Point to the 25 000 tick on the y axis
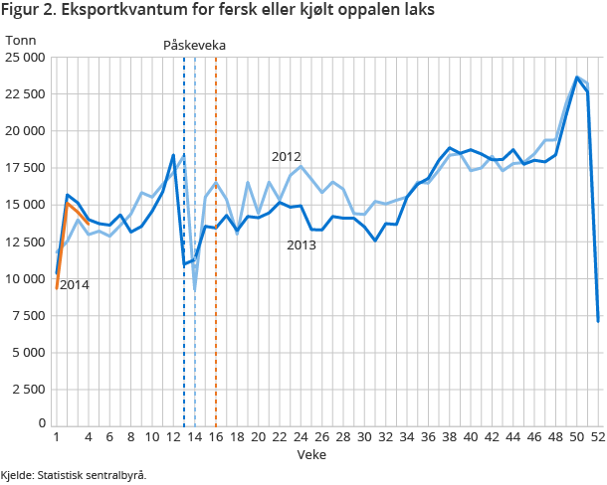tap(25, 58)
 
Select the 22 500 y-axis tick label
tap(25, 94)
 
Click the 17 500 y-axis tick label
tap(25, 168)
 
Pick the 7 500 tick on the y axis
tap(29, 315)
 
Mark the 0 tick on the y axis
tap(41, 424)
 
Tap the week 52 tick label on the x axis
tap(598, 436)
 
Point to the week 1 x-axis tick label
tap(56, 436)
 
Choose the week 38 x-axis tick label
tap(450, 436)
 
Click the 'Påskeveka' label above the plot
tap(194, 46)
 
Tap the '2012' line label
tap(286, 157)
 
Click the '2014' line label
tap(75, 285)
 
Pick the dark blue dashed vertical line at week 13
tap(184, 328)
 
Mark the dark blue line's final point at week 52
tap(598, 321)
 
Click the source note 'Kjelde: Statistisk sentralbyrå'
tap(74, 474)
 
